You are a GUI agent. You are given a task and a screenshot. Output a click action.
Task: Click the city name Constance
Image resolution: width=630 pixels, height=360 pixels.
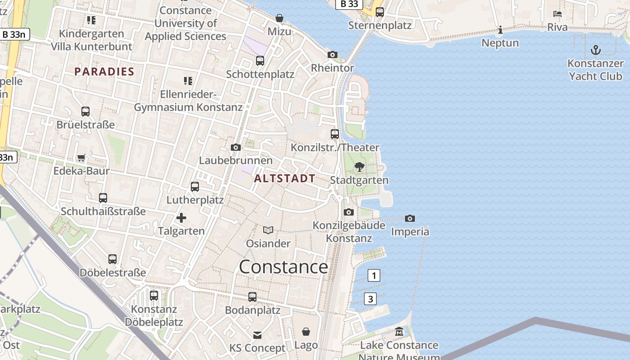coord(283,267)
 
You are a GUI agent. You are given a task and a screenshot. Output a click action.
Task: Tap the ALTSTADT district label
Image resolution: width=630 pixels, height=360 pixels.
coord(284,179)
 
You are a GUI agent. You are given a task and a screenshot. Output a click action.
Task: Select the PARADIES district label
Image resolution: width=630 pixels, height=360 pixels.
coord(104,72)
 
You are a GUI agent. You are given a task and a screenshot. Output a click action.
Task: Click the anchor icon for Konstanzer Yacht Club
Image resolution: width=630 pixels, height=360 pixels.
coord(596,49)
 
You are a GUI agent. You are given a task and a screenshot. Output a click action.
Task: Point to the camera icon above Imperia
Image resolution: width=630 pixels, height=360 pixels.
coord(409,219)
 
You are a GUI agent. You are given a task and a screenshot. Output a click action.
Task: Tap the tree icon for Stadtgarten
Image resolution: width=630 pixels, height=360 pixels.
coord(359,167)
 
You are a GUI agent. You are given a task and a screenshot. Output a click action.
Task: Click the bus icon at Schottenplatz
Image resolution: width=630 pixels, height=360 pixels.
coord(260,61)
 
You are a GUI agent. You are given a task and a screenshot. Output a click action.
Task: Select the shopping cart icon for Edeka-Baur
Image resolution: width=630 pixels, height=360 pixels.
coord(81,157)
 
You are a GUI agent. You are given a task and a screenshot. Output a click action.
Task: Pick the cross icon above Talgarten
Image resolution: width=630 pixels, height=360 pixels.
coord(181,218)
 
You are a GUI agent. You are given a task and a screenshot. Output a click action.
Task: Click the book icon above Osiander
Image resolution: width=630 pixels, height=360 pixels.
coord(268,230)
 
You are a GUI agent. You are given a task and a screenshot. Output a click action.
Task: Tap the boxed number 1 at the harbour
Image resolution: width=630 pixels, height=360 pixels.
coord(374,275)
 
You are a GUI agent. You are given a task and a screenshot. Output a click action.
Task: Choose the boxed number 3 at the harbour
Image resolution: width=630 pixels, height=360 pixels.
coord(370,299)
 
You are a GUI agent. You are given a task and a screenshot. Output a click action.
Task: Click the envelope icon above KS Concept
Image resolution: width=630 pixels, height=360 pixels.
coord(257,335)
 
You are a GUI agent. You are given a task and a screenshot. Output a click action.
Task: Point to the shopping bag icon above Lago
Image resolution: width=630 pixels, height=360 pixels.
coord(306,332)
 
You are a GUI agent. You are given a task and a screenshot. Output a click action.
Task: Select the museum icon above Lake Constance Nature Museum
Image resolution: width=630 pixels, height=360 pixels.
coord(399,332)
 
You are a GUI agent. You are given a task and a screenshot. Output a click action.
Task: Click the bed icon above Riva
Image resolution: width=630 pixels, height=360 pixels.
coord(558,14)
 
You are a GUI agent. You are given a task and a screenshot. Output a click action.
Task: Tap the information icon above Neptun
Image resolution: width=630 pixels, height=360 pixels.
coord(500,30)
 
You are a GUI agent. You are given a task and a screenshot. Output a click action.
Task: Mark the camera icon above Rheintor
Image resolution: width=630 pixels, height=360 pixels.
coord(333,55)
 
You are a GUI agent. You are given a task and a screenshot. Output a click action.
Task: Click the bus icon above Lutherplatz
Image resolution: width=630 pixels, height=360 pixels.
coord(195,186)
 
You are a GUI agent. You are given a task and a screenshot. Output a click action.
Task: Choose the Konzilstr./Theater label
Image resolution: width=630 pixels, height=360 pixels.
coord(335,148)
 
